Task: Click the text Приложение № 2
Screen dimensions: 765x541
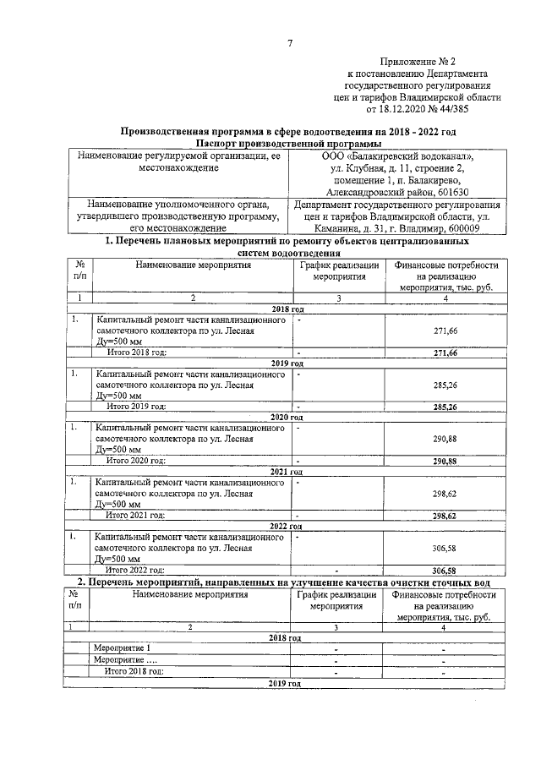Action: (x=418, y=62)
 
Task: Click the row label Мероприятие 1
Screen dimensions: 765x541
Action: (x=122, y=648)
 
